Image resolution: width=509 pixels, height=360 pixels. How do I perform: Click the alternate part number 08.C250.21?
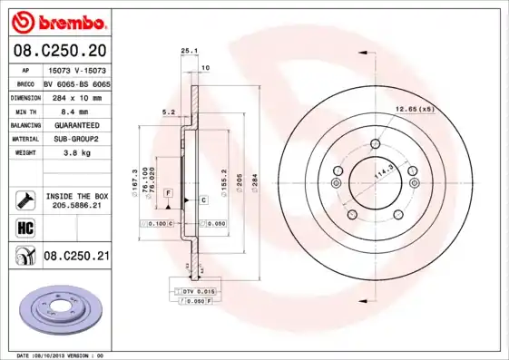click(76, 257)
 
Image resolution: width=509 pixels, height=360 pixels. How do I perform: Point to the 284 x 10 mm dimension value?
click(76, 96)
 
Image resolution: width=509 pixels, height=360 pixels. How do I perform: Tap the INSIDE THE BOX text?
click(76, 195)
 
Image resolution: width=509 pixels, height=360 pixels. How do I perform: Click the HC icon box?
click(24, 227)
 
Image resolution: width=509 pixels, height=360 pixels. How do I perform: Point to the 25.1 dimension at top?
click(189, 52)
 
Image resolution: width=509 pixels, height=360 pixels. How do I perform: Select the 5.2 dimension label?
click(167, 112)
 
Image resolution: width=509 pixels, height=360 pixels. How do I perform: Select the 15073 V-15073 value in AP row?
click(76, 68)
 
